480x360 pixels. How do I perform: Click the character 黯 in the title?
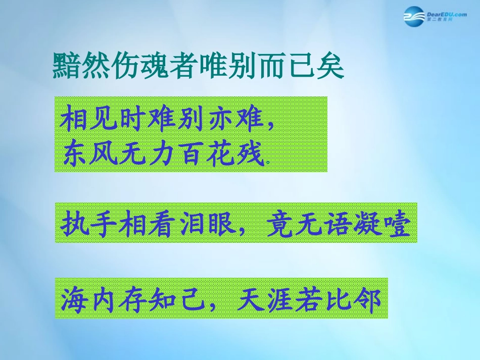[66, 65]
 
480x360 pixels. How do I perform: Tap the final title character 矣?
[330, 65]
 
